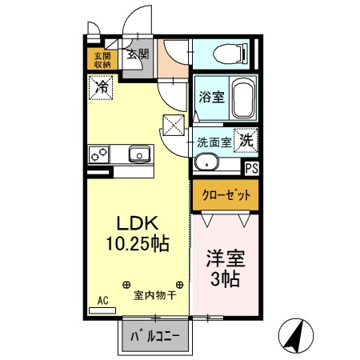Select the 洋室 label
225,259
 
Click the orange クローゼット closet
226,194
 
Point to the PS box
251,168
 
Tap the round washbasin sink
207,163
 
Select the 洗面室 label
214,142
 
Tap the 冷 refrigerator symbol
102,86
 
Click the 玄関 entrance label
137,54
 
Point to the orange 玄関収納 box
102,60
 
